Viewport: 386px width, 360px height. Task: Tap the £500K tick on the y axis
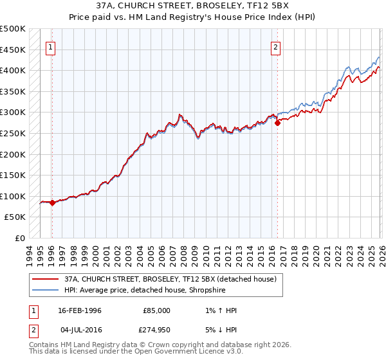pyautogui.click(x=13, y=29)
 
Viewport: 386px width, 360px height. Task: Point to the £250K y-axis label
pyautogui.click(x=13, y=133)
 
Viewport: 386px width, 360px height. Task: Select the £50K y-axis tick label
pyautogui.click(x=15, y=217)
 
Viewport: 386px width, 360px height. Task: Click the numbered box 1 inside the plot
pyautogui.click(x=50, y=46)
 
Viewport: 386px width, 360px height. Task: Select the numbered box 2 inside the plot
pyautogui.click(x=275, y=46)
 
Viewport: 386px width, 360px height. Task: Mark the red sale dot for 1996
pyautogui.click(x=52, y=203)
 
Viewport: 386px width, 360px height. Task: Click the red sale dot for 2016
pyautogui.click(x=277, y=123)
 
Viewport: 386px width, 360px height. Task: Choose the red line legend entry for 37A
pyautogui.click(x=154, y=278)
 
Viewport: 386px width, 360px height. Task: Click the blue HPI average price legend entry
pyautogui.click(x=145, y=289)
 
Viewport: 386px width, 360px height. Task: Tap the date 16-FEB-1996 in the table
pyautogui.click(x=79, y=310)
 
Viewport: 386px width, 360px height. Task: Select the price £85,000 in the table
pyautogui.click(x=156, y=310)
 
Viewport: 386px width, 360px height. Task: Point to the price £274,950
pyautogui.click(x=156, y=331)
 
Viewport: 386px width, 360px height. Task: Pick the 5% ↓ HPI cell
pyautogui.click(x=220, y=331)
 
